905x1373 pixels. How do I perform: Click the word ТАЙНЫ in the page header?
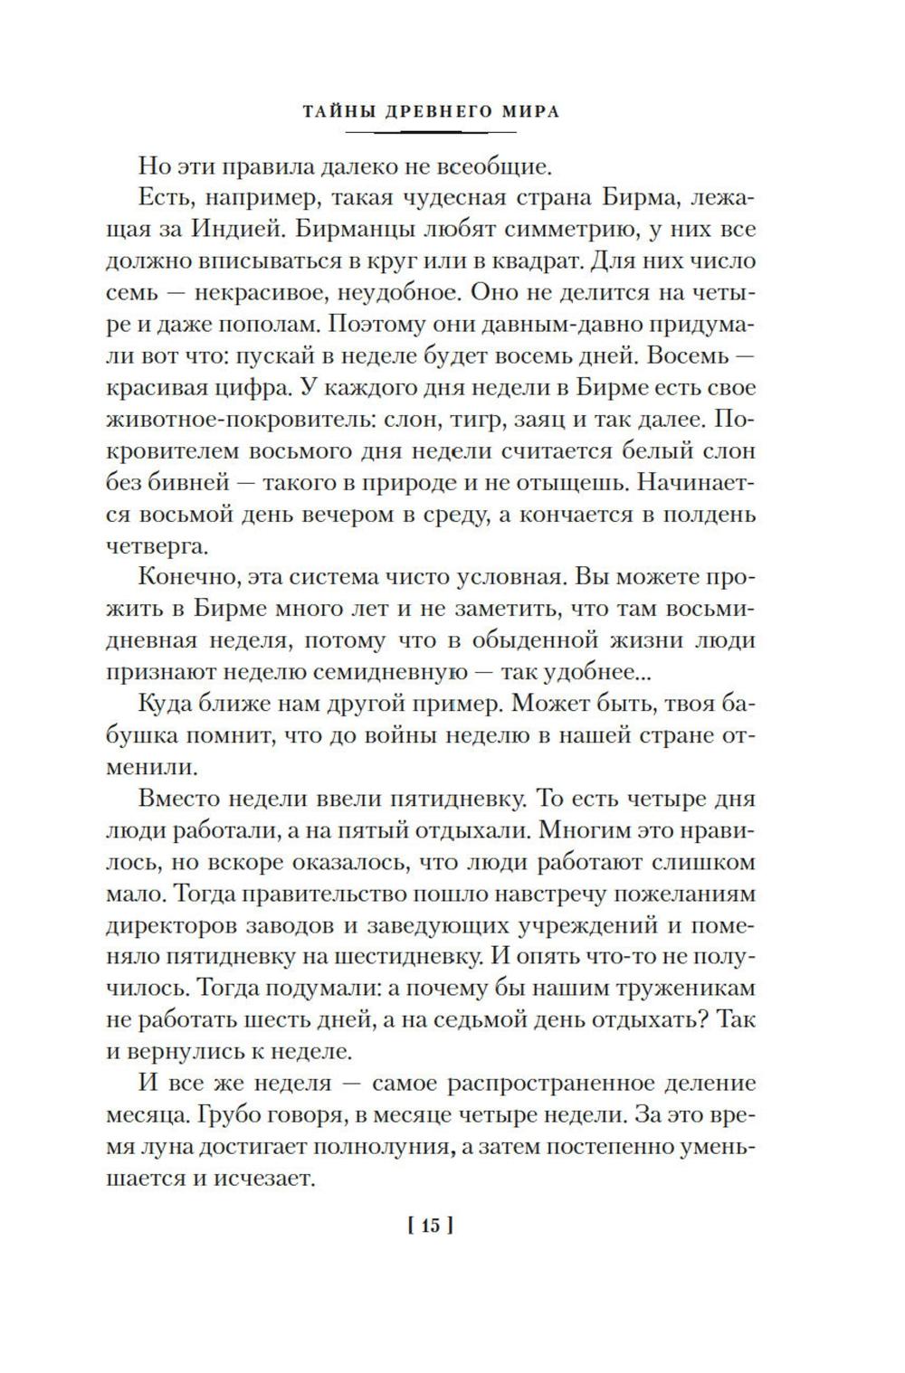(x=332, y=112)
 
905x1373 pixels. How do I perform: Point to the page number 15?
(x=430, y=1226)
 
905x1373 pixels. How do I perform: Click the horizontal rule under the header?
(x=430, y=132)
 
